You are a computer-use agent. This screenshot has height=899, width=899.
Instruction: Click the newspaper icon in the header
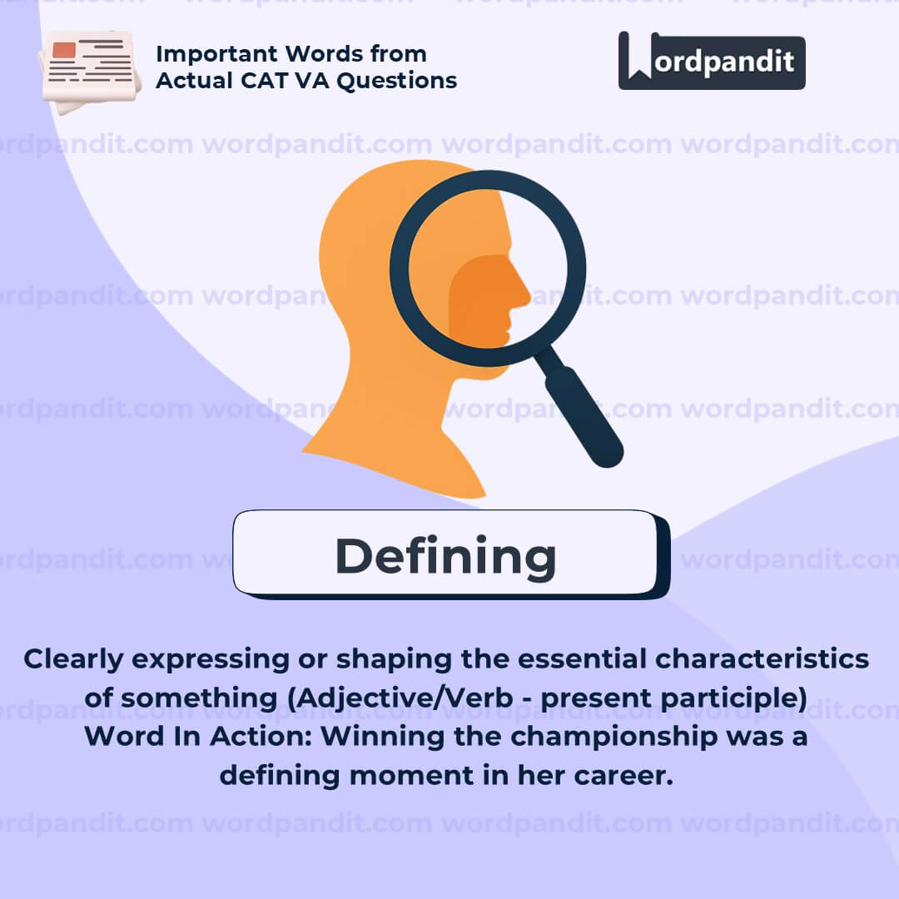[x=89, y=71]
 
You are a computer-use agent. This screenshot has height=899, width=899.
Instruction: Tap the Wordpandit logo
[x=712, y=61]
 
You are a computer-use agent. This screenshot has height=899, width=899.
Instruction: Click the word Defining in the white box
[x=445, y=557]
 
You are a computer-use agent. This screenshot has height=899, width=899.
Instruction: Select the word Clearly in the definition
[x=73, y=660]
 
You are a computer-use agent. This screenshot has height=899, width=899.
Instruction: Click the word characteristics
[x=762, y=659]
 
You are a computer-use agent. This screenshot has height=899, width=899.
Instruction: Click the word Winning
[x=382, y=737]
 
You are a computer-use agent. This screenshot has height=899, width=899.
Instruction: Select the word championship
[x=614, y=738]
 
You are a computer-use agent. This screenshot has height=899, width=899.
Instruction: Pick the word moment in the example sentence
[x=411, y=776]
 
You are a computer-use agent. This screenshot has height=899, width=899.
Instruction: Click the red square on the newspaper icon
[x=63, y=50]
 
